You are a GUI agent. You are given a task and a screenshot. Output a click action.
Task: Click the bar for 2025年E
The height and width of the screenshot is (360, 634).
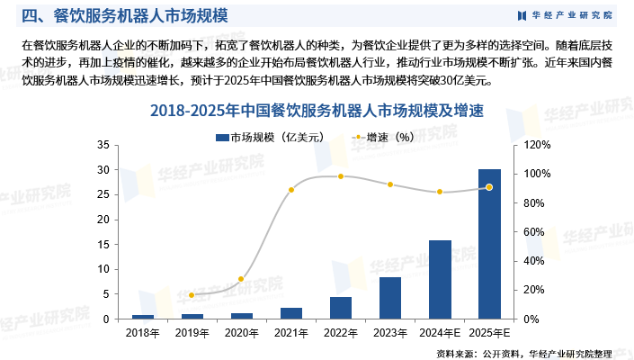pyautogui.click(x=489, y=244)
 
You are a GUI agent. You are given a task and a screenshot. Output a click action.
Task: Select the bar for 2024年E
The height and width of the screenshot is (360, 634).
pyautogui.click(x=440, y=279)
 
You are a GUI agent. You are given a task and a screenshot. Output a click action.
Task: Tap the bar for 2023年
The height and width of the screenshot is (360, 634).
pyautogui.click(x=390, y=298)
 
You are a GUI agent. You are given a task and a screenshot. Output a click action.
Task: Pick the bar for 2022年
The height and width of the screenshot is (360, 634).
pyautogui.click(x=341, y=308)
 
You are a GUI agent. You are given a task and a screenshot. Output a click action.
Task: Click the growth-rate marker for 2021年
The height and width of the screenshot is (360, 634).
pyautogui.click(x=291, y=190)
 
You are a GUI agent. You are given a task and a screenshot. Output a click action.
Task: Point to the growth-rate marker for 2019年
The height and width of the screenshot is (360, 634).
pyautogui.click(x=192, y=295)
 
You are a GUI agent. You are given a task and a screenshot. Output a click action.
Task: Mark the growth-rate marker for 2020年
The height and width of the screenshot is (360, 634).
pyautogui.click(x=241, y=279)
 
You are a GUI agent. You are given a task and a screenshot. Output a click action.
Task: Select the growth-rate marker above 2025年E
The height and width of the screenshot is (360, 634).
pyautogui.click(x=489, y=187)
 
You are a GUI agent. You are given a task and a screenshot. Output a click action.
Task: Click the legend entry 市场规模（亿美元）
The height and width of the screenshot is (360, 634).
pyautogui.click(x=262, y=138)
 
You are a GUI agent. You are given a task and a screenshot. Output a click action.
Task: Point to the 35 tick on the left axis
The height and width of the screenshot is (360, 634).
pyautogui.click(x=103, y=145)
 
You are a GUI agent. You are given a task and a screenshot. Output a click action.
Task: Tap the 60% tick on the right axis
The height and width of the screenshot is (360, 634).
pyautogui.click(x=531, y=232)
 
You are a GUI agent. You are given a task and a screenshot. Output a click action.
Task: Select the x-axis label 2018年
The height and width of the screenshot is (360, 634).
pyautogui.click(x=142, y=333)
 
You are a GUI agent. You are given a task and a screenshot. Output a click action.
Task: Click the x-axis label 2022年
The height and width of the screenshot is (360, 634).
pyautogui.click(x=341, y=333)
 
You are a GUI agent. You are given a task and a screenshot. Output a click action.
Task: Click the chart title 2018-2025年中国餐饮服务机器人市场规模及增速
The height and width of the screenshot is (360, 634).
pyautogui.click(x=317, y=112)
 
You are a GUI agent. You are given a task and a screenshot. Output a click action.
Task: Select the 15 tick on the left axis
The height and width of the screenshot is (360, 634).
pyautogui.click(x=103, y=245)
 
